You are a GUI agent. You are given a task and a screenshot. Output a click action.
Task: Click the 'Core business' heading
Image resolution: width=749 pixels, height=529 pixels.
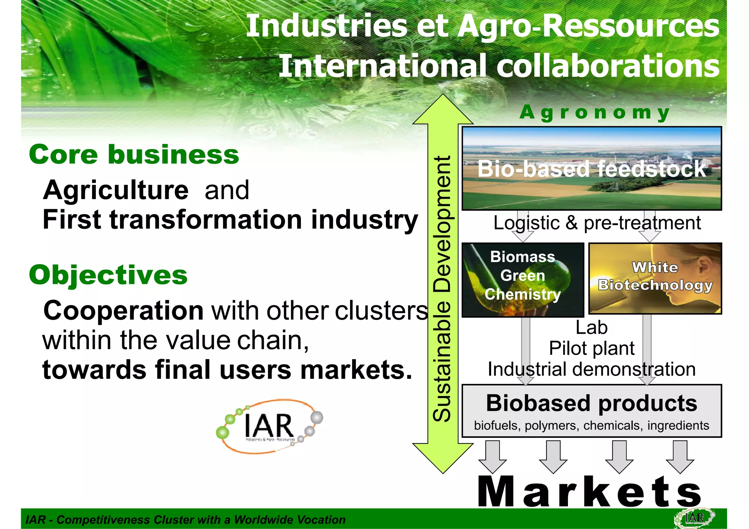click(134, 155)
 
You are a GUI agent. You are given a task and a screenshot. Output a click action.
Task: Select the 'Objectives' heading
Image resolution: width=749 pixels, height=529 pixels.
click(108, 275)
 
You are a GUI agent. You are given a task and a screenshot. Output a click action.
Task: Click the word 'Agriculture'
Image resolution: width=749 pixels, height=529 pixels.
click(116, 190)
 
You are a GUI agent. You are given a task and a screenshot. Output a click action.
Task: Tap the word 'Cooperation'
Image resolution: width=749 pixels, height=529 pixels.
click(124, 311)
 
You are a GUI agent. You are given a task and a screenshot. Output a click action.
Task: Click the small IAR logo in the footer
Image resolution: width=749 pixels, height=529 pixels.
click(694, 518)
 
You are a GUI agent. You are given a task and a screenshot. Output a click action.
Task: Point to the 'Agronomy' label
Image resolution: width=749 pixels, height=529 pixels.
click(595, 112)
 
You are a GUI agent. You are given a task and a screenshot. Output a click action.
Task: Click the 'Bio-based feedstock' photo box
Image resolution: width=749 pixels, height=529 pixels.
click(591, 168)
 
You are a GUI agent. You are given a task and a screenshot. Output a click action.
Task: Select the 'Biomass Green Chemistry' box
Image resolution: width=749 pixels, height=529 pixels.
click(523, 279)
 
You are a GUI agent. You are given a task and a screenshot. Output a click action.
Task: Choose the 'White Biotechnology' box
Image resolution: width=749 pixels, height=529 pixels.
click(655, 278)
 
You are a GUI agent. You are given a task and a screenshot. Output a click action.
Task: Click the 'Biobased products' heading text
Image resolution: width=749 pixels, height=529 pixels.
click(591, 403)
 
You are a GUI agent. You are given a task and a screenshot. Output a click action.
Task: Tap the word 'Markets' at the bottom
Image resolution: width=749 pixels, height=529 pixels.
click(590, 492)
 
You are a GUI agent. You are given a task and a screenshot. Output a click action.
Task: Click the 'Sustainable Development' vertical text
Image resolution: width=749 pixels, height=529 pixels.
click(442, 289)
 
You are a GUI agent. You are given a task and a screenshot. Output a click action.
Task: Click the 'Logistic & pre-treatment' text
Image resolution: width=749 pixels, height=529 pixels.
click(597, 223)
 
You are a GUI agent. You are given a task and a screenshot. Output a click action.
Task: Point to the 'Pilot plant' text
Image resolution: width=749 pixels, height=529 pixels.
click(591, 348)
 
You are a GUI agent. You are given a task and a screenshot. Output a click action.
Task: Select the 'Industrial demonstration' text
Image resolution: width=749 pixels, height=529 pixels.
click(591, 369)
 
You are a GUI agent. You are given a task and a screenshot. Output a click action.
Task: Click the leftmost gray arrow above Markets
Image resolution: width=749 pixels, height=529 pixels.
click(493, 457)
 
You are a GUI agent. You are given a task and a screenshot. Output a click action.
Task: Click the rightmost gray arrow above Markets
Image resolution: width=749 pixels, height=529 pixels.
click(680, 457)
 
